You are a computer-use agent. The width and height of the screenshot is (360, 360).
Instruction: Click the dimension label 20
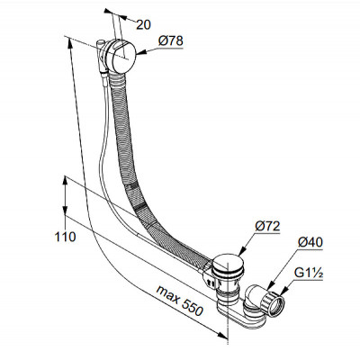coord(143,25)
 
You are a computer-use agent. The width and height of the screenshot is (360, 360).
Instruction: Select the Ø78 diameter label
coord(171,40)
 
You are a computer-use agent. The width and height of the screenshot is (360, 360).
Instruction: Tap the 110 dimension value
coord(65,237)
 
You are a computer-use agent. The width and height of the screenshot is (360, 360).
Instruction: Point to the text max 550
coord(180,301)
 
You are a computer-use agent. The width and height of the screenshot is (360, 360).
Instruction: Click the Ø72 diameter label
coord(267,226)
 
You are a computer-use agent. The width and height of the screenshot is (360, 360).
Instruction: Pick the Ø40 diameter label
coord(310,242)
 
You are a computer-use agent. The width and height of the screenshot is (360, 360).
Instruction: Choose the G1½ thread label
coord(309,273)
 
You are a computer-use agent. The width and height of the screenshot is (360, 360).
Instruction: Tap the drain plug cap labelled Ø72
coord(228,265)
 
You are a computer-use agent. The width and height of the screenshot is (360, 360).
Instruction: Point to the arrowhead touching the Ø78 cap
coord(141,53)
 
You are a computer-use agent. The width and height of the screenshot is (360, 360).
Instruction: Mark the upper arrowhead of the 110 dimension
coord(65,181)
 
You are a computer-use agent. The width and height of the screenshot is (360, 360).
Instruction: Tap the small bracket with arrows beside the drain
coord(209,277)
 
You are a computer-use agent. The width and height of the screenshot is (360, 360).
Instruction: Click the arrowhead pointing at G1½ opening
coord(283,291)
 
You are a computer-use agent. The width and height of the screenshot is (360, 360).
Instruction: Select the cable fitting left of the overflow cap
coord(101,57)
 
